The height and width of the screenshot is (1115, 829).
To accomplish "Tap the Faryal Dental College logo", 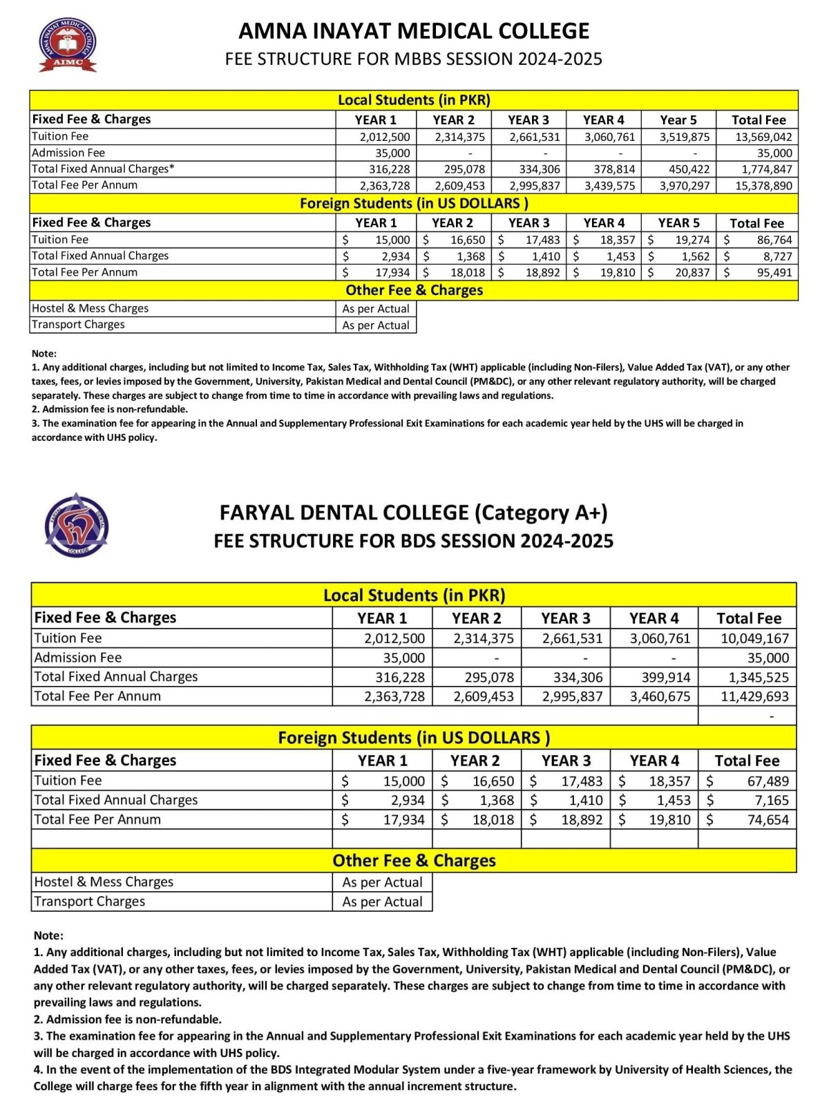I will pos(77,526).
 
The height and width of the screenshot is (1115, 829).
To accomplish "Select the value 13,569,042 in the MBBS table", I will pos(763,137).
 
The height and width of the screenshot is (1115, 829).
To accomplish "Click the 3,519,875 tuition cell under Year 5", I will pos(684,137).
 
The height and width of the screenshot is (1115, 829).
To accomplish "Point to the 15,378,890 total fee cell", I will pos(763,186).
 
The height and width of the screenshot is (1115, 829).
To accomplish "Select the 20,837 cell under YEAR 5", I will pos(692,272).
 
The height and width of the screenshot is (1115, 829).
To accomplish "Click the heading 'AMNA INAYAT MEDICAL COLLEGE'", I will pos(414,31).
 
